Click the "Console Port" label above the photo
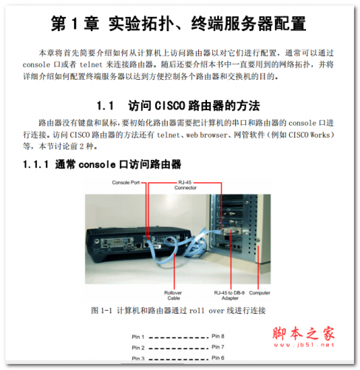pyautogui.click(x=126, y=181)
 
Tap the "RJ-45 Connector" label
pyautogui.click(x=186, y=184)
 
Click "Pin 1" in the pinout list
pyautogui.click(x=139, y=337)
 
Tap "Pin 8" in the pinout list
pyautogui.click(x=217, y=337)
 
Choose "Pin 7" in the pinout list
pyautogui.click(x=217, y=347)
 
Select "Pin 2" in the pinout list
pyautogui.click(x=139, y=347)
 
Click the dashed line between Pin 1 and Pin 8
pyautogui.click(x=178, y=337)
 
